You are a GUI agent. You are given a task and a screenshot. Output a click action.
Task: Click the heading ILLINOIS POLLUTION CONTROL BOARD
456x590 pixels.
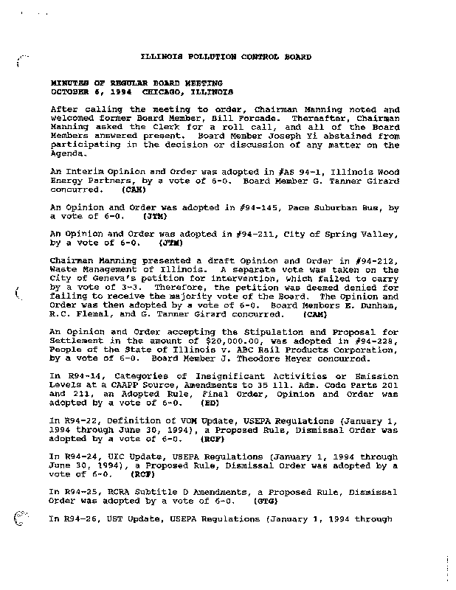[226, 57]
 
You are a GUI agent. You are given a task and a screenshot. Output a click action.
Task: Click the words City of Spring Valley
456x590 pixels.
[349, 233]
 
